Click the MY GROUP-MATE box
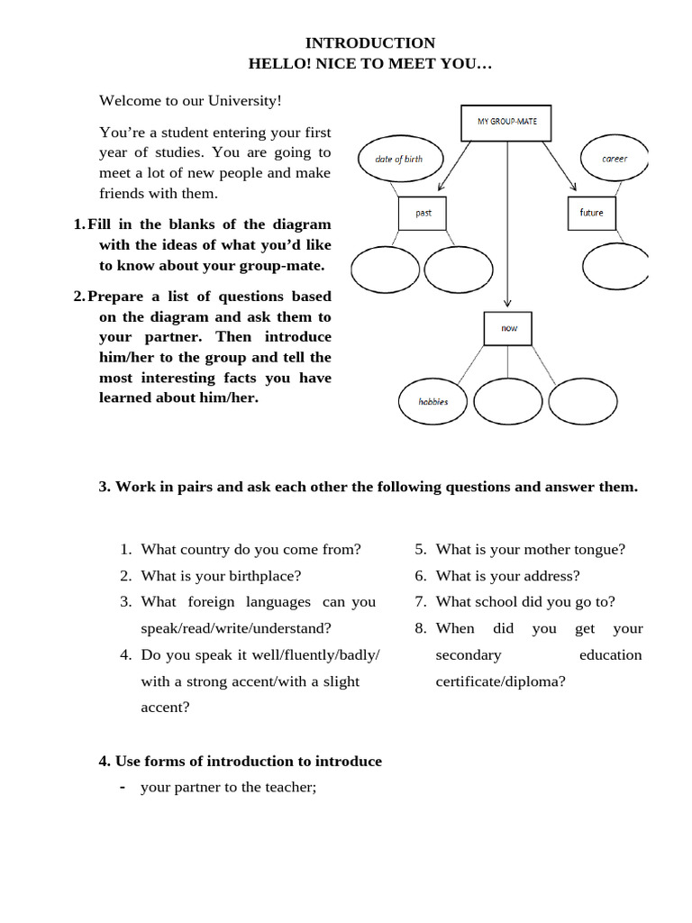(x=506, y=123)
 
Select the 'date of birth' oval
(x=398, y=159)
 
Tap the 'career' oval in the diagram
(x=615, y=158)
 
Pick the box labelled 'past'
(x=423, y=214)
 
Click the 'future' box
(x=592, y=213)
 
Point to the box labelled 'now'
(x=509, y=329)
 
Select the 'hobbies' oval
(x=432, y=401)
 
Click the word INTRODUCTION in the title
(x=369, y=43)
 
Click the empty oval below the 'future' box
(x=616, y=267)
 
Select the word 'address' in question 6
(x=553, y=575)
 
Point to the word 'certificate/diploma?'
(x=500, y=681)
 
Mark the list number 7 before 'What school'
(x=420, y=601)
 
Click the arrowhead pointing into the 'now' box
(x=508, y=306)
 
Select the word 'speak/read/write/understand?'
(x=236, y=628)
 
